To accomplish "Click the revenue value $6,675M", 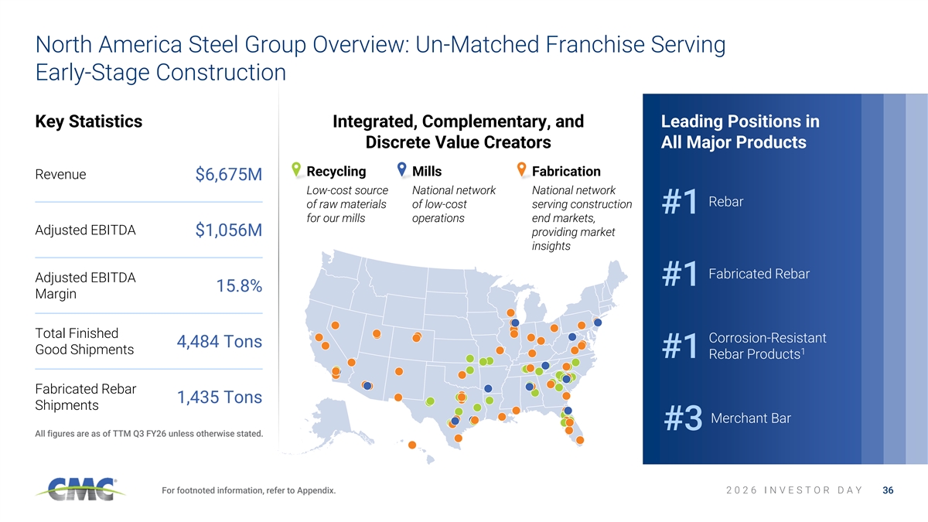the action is click(x=229, y=175).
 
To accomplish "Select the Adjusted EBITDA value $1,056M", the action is click(x=229, y=230).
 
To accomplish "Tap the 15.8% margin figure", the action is click(x=239, y=286).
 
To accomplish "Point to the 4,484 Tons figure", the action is click(x=220, y=342).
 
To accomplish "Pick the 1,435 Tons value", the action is click(x=220, y=397).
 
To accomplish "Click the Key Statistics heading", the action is click(x=89, y=122).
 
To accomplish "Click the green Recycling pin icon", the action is click(x=295, y=170).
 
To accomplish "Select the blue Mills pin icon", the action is click(x=401, y=170).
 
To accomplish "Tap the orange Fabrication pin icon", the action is click(x=521, y=170).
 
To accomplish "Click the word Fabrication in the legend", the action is click(x=566, y=171).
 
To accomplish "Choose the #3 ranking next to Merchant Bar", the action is click(x=683, y=418).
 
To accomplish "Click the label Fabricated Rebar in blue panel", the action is click(x=759, y=274).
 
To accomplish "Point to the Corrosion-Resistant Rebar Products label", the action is click(x=767, y=346).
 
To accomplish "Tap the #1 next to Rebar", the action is click(x=680, y=202).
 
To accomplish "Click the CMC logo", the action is click(x=80, y=490).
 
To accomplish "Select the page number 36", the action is click(x=888, y=490).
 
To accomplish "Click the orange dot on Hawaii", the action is click(x=411, y=445).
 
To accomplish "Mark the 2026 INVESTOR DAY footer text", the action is click(x=794, y=490).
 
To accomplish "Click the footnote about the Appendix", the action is click(x=248, y=490).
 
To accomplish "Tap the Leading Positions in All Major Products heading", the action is click(x=740, y=131).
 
